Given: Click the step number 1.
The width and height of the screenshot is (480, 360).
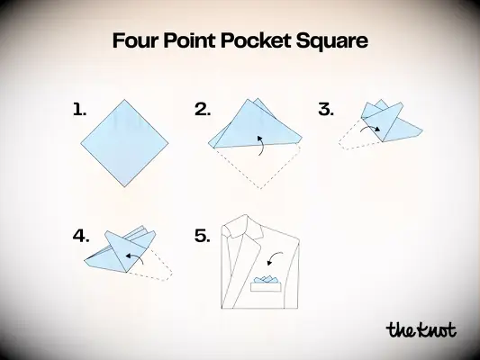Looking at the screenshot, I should (x=80, y=110).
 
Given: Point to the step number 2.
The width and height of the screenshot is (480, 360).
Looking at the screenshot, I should (x=203, y=110).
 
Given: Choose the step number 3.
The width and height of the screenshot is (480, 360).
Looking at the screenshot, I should (x=326, y=110).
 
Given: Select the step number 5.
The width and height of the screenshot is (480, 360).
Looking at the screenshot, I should (x=203, y=237).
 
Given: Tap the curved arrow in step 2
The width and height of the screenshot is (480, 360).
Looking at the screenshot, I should (x=259, y=145).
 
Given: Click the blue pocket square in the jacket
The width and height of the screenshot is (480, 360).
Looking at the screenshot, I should (x=266, y=281).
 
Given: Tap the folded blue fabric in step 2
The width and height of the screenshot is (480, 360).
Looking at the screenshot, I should (x=254, y=122).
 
